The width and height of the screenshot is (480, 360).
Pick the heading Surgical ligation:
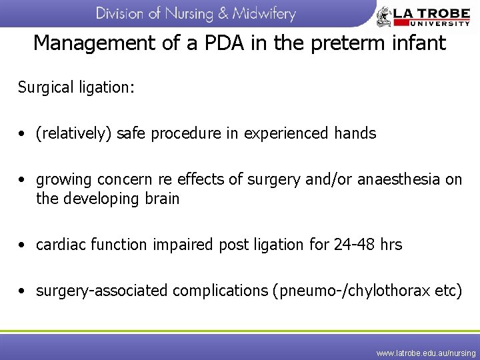point(76,87)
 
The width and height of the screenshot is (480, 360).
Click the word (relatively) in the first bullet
point(74,133)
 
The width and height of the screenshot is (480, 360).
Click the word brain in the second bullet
point(160,199)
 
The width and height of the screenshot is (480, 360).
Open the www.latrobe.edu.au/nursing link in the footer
point(426,352)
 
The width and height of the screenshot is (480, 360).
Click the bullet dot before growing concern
point(23,180)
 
